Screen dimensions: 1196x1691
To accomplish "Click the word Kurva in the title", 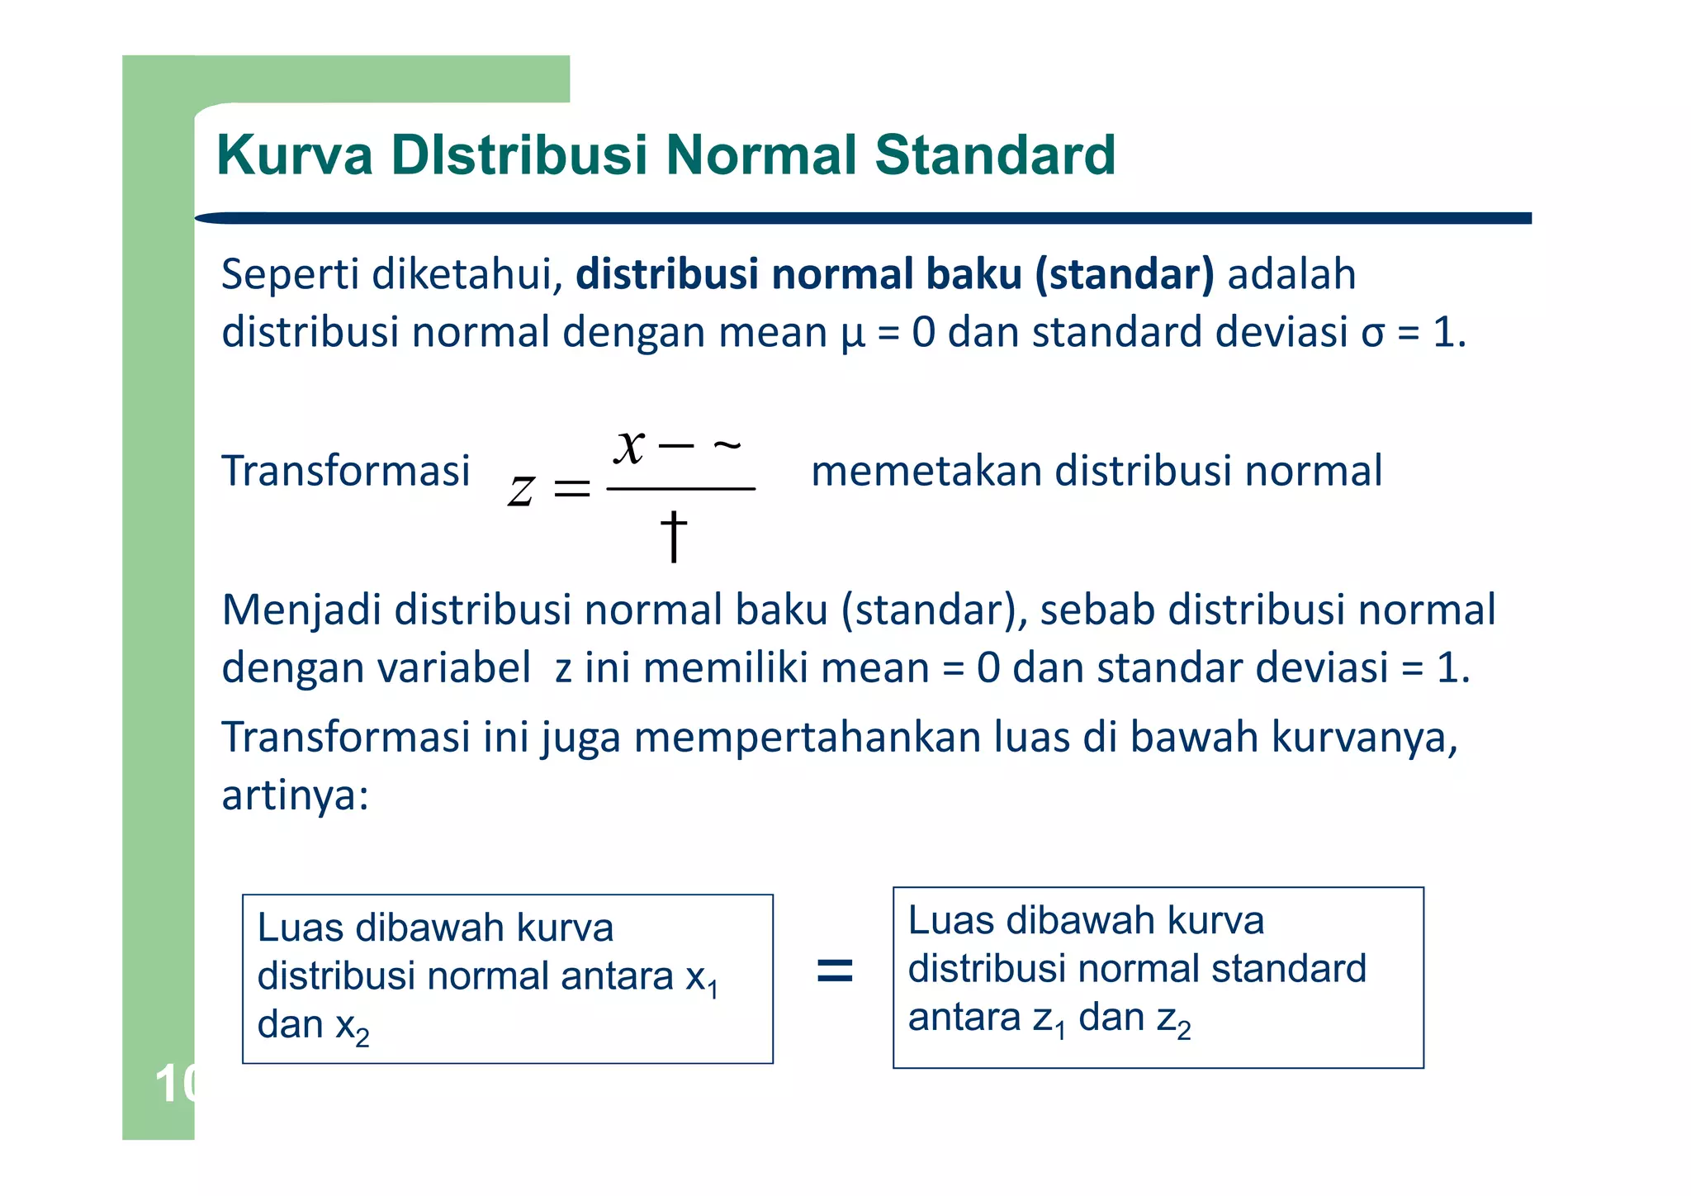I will click(x=295, y=155).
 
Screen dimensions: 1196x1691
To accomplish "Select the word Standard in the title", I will click(x=994, y=155).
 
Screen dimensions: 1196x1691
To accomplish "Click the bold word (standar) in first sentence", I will click(x=1125, y=274).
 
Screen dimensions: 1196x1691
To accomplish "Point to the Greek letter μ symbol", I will click(x=853, y=334).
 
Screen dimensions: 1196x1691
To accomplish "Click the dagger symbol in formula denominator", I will click(x=674, y=535).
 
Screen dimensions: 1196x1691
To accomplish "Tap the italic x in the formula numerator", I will click(x=629, y=447).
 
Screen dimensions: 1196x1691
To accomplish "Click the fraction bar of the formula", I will click(x=680, y=489).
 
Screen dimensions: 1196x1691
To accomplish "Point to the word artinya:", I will click(x=295, y=795).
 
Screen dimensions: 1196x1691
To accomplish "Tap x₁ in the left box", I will click(x=703, y=979).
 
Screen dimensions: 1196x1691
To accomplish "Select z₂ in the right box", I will click(x=1173, y=1019).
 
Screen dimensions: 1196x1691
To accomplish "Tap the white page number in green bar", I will click(x=174, y=1084).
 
